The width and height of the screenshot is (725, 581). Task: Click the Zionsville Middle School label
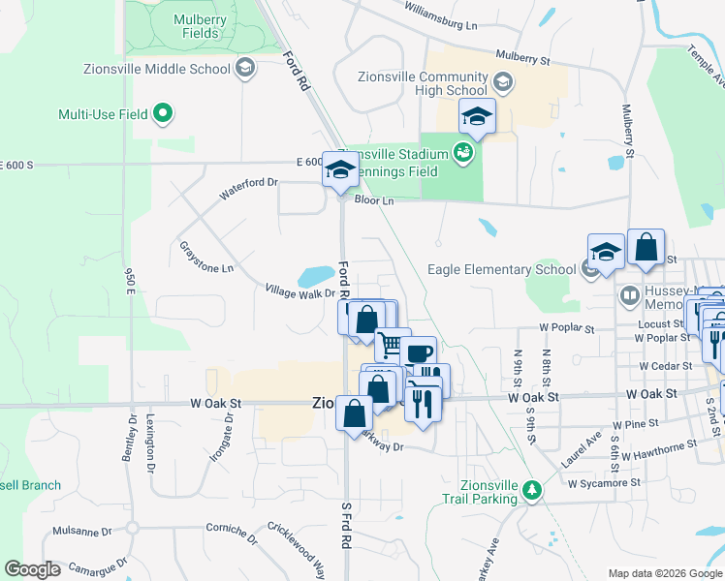point(173,69)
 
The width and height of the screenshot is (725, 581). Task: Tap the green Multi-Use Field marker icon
point(163,114)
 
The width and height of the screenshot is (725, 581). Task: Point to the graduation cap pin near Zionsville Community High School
point(476,116)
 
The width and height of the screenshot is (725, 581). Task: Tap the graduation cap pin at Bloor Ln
point(340,169)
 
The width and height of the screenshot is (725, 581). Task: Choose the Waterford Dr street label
point(248,188)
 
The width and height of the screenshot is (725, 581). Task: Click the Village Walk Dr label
point(299,290)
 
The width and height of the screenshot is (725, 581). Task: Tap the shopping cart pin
point(392,344)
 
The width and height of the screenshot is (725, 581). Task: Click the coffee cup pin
point(419,354)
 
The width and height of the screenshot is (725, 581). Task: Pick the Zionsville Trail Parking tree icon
point(531,490)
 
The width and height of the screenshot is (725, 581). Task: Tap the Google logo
point(33,569)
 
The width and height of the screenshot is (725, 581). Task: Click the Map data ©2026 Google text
point(664,573)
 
